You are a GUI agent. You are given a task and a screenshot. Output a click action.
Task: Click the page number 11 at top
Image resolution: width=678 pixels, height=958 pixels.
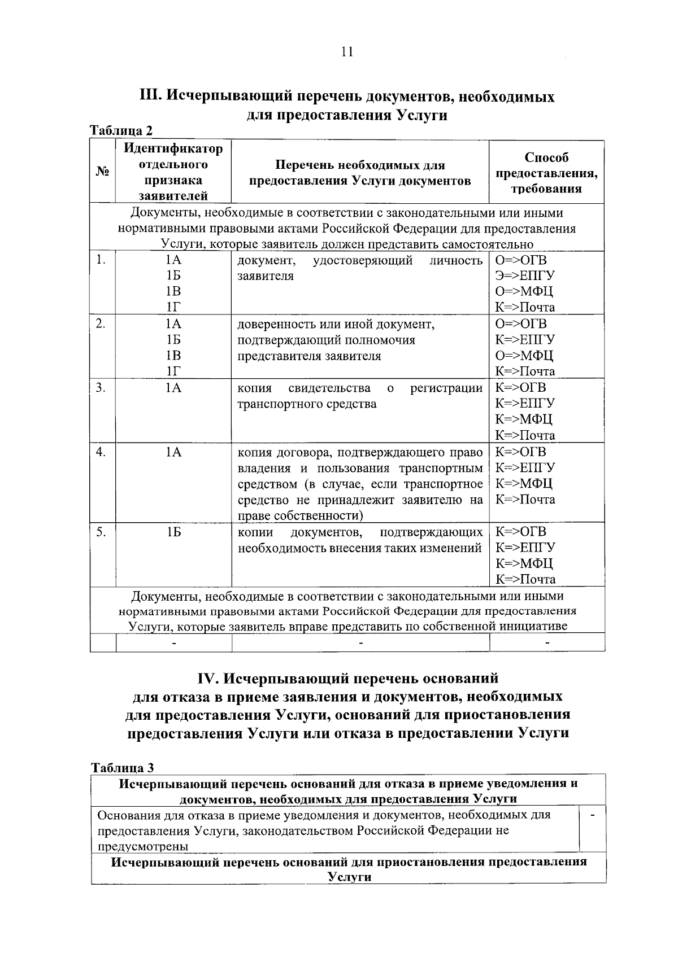tap(347, 52)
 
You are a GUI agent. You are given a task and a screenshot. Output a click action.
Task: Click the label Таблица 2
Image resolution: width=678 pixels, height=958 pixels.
tap(122, 130)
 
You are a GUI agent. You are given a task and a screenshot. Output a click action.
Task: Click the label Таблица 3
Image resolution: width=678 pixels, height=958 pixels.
tap(122, 768)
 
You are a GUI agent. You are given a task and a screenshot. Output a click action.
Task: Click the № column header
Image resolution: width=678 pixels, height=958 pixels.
tap(102, 172)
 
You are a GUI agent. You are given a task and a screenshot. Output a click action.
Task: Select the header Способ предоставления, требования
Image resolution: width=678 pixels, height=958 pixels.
tap(546, 173)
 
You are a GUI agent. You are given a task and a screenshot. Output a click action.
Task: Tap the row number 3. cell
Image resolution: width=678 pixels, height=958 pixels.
tap(101, 388)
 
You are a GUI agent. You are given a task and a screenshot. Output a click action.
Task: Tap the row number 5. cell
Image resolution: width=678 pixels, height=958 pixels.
tap(101, 532)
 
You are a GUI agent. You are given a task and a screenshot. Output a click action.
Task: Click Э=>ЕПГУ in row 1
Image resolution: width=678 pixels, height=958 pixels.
tap(525, 276)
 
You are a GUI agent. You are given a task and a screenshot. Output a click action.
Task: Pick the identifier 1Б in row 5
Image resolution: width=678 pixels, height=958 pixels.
tap(173, 532)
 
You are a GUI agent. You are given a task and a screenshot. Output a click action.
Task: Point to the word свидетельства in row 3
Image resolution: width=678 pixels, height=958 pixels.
tap(329, 388)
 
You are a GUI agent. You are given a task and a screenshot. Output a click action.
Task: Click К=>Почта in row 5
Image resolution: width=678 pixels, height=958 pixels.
tap(525, 579)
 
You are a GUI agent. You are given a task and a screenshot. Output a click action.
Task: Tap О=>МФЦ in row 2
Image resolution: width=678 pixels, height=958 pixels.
tap(524, 356)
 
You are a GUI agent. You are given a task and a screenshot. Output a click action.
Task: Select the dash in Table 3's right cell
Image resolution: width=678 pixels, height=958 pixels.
tap(593, 815)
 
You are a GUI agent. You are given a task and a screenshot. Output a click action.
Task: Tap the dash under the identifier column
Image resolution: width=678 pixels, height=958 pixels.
tap(173, 643)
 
